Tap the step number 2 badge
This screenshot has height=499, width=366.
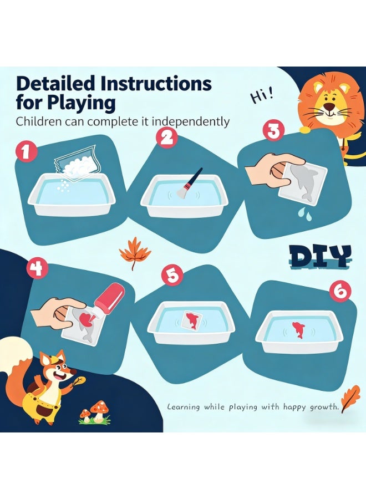[x=166, y=138]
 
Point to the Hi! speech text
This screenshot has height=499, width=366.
[x=262, y=96]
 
